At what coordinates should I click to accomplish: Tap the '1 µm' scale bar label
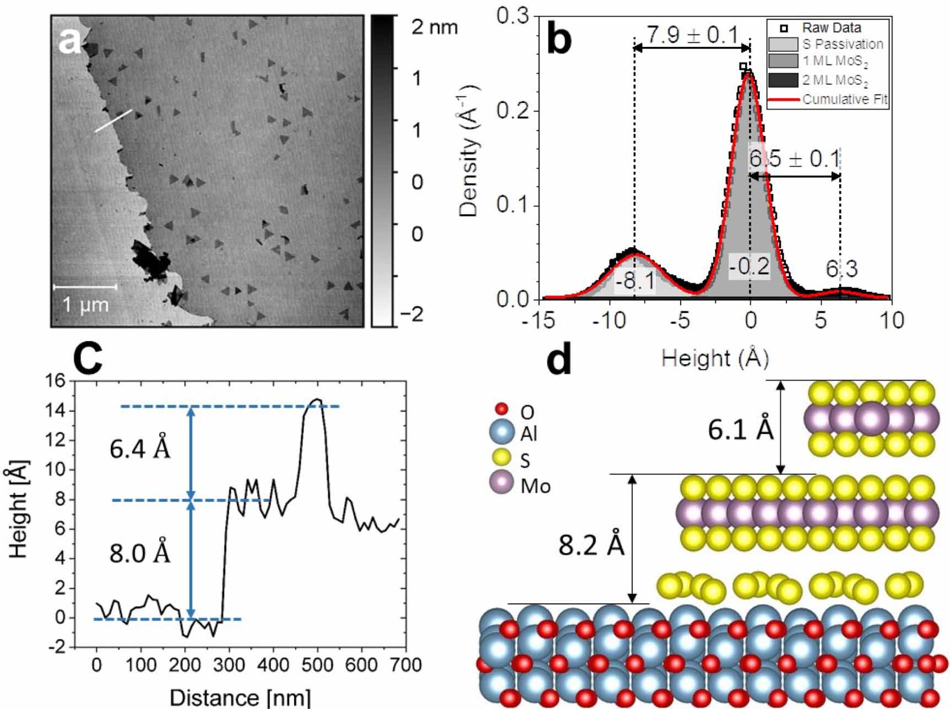tap(85, 304)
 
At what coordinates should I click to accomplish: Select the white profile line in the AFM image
tap(113, 121)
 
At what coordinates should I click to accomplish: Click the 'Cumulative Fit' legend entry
tap(844, 100)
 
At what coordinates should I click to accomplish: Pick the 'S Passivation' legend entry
tap(842, 44)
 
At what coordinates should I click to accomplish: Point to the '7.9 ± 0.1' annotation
tap(692, 35)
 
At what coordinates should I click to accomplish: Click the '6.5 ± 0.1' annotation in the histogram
tap(794, 159)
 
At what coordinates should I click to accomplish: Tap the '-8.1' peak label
tap(635, 281)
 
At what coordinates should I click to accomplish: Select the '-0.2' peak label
tap(749, 266)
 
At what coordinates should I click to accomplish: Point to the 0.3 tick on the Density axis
tap(512, 17)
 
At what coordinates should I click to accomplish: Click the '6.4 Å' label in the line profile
tap(140, 449)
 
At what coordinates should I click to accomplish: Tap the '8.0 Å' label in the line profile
tap(140, 552)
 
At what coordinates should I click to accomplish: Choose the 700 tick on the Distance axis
tap(405, 664)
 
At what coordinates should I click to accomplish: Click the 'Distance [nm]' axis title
tap(240, 697)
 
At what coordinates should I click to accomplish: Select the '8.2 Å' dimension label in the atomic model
tap(591, 545)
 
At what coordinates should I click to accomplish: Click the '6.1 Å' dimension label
tap(740, 429)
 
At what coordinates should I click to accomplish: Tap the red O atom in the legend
tap(501, 408)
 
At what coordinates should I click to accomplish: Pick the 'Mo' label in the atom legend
tap(535, 486)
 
